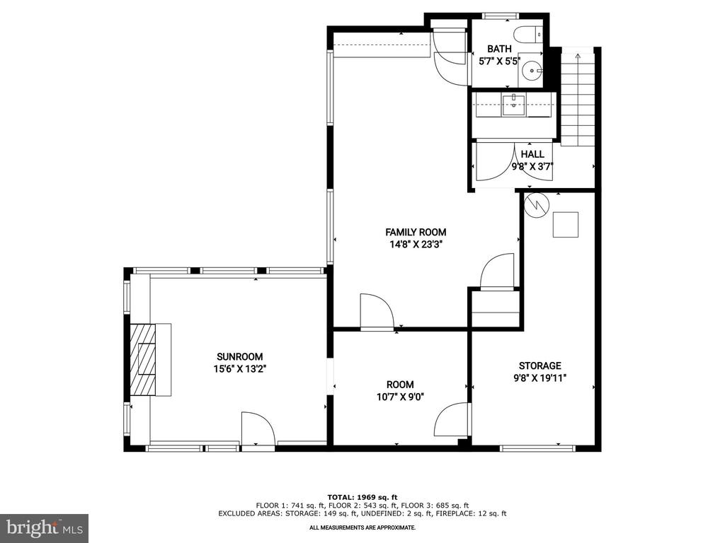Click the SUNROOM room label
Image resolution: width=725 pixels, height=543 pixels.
pyautogui.click(x=239, y=357)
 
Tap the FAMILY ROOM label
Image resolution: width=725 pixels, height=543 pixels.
pyautogui.click(x=416, y=232)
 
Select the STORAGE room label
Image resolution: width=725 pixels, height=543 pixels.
pyautogui.click(x=540, y=366)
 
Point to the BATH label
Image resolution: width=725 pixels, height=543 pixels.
pyautogui.click(x=499, y=49)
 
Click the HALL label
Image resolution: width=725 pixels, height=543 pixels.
pyautogui.click(x=532, y=154)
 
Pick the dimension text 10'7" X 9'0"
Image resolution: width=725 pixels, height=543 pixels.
pyautogui.click(x=401, y=397)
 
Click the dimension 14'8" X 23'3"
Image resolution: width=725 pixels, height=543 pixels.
pyautogui.click(x=416, y=245)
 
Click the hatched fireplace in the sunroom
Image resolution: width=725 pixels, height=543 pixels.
pyautogui.click(x=143, y=358)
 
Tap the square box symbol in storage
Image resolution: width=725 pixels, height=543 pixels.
pyautogui.click(x=566, y=224)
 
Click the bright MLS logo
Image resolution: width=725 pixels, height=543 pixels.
pyautogui.click(x=44, y=527)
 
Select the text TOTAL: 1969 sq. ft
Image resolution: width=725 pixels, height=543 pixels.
pyautogui.click(x=362, y=497)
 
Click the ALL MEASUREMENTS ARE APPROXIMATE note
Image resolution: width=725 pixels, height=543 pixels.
pyautogui.click(x=362, y=527)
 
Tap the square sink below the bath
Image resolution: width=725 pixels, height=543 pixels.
pyautogui.click(x=513, y=105)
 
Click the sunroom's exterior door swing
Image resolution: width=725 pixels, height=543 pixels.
pyautogui.click(x=258, y=429)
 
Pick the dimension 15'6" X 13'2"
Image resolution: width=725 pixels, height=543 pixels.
pyautogui.click(x=240, y=369)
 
